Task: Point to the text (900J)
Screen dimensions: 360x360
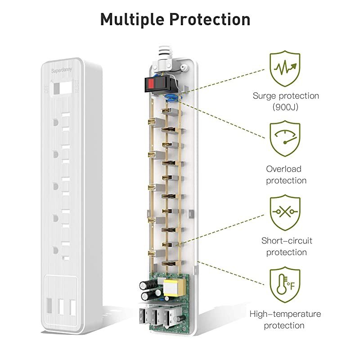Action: click(286, 107)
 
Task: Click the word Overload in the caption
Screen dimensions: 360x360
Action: click(283, 169)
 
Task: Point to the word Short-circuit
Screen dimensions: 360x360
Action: click(286, 240)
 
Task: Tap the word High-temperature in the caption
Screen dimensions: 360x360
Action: click(286, 314)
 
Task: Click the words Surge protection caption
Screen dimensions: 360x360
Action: click(286, 96)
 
